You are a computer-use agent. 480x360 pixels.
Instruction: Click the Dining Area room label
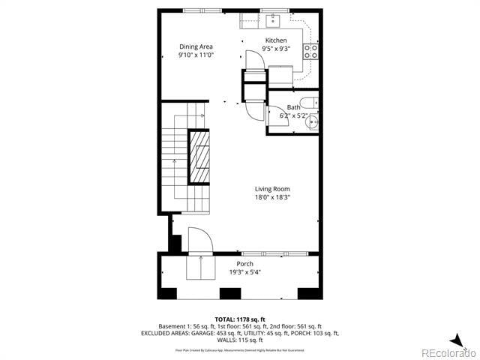pos(196,46)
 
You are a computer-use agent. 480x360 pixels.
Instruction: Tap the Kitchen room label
pos(276,40)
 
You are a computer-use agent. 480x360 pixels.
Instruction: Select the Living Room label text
pos(271,189)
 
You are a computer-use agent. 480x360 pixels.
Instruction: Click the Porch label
pos(244,264)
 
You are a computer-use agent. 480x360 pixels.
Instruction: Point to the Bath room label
pos(292,107)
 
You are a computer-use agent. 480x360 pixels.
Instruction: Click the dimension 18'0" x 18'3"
pos(271,198)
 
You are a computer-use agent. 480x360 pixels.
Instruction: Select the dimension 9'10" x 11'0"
pos(196,55)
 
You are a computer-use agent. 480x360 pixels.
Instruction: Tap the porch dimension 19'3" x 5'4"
pos(244,272)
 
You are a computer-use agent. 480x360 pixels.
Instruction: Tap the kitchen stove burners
pos(310,51)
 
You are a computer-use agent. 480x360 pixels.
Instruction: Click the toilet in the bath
pos(307,103)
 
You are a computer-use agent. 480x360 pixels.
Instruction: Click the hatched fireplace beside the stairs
pos(199,157)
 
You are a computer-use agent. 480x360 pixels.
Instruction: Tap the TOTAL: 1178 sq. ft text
pos(240,320)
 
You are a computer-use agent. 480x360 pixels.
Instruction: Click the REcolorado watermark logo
pos(447,352)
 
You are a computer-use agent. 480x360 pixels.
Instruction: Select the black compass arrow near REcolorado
pos(456,339)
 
